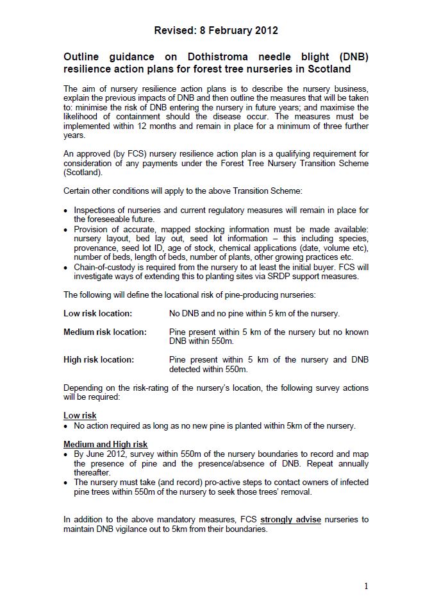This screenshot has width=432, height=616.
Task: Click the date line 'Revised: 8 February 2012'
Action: pyautogui.click(x=216, y=30)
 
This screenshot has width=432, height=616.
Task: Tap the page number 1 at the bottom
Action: pyautogui.click(x=366, y=585)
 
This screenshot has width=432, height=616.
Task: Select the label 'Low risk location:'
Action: pyautogui.click(x=97, y=314)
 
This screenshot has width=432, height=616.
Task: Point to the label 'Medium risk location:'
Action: pyautogui.click(x=104, y=332)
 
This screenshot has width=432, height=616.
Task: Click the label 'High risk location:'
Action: pyautogui.click(x=99, y=360)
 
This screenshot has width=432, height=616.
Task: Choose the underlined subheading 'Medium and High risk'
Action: pyautogui.click(x=105, y=444)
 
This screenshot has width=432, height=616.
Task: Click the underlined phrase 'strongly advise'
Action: pyautogui.click(x=290, y=519)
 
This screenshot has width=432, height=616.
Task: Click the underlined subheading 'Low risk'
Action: pyautogui.click(x=80, y=416)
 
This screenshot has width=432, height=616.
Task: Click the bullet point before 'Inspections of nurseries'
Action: pyautogui.click(x=67, y=210)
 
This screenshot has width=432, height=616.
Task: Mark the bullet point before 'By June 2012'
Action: pyautogui.click(x=67, y=454)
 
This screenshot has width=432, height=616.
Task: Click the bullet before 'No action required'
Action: pyautogui.click(x=67, y=426)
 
